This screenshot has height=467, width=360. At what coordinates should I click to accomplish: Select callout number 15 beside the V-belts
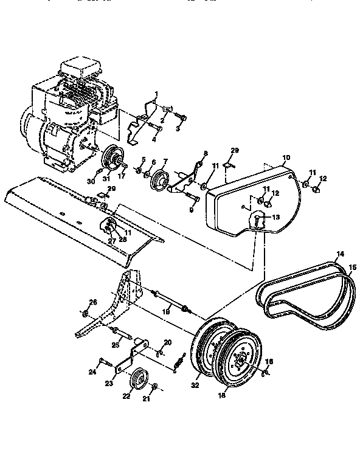point(353,266)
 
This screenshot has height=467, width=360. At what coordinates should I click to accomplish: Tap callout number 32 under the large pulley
point(196,385)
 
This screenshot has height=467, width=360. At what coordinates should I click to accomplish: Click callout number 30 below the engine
point(91,181)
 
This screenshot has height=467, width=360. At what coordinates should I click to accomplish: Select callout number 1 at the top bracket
point(156,94)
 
